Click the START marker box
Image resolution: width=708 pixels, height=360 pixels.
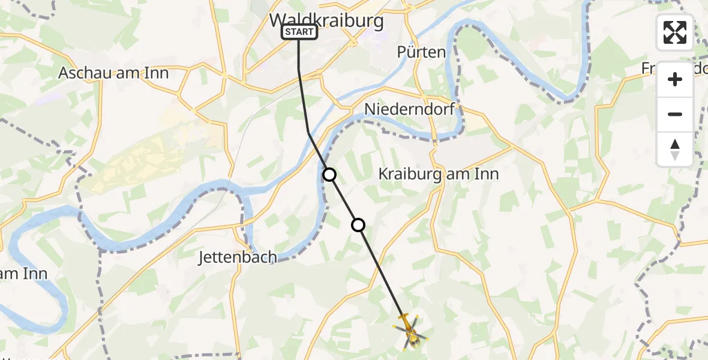tap(299, 32)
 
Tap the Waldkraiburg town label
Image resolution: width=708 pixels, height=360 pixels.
tap(326, 20)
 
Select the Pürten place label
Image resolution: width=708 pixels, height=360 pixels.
tap(421, 52)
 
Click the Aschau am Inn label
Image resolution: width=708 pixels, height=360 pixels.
tap(113, 73)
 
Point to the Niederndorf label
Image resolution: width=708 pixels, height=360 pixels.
tap(409, 109)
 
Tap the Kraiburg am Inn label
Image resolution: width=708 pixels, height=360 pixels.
tap(438, 174)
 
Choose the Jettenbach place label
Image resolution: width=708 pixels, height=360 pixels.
tap(238, 257)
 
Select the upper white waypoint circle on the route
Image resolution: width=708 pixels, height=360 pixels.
tap(329, 175)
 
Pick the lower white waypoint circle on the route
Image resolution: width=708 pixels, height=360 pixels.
tap(358, 225)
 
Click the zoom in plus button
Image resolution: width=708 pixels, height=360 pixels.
tap(675, 79)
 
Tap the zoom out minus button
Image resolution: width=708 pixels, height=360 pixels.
tap(675, 114)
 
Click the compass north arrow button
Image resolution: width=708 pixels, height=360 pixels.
tap(675, 149)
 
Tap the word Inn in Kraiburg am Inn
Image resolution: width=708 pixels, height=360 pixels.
tap(487, 174)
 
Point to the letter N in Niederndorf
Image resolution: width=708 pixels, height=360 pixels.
tap(370, 109)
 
